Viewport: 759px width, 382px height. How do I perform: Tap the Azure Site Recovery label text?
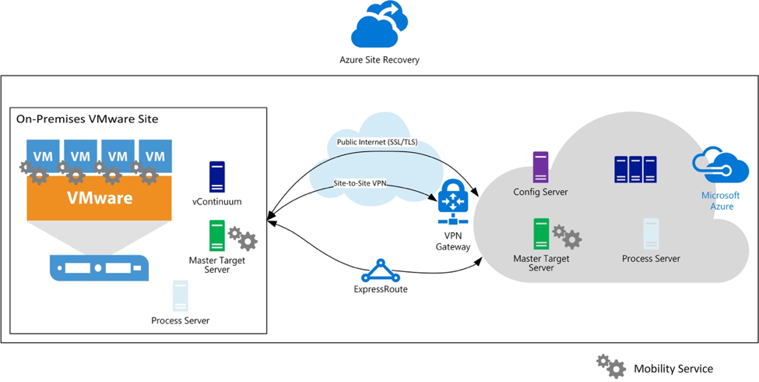pos(379,59)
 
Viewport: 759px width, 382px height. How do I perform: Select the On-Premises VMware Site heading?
pos(87,118)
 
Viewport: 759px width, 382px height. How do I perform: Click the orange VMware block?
pos(98,197)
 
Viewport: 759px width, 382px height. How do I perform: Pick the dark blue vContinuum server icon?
pos(216,177)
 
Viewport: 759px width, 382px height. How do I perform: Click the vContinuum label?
pos(216,201)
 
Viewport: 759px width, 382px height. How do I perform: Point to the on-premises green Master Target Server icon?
pos(217,235)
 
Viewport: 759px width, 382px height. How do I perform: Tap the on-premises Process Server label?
pos(180,320)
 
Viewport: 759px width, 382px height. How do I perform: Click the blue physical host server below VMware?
pos(98,267)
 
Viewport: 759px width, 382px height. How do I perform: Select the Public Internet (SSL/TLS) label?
pos(377,143)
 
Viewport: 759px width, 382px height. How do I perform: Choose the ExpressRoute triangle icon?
pos(380,271)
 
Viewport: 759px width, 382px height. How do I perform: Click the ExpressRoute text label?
pos(380,289)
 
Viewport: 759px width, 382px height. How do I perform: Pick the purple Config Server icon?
pos(540,168)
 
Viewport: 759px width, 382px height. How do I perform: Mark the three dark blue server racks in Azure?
pos(634,169)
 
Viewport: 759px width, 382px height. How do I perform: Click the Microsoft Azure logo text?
pos(720,200)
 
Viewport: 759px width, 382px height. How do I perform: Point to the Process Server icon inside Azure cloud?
pos(651,235)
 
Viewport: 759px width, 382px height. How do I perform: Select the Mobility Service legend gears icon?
pos(610,366)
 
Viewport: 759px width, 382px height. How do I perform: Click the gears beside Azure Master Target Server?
pos(567,235)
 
